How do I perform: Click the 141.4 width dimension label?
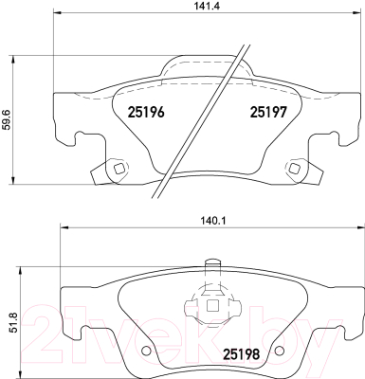pos(208,6)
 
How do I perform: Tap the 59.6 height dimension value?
pos(7,119)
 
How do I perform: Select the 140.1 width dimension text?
pos(213,222)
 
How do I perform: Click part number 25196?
pos(146,112)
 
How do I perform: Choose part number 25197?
pos(268,112)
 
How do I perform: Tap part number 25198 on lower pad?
pos(242,354)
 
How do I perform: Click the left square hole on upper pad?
pos(119,169)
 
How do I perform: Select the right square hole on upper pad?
pos(295,168)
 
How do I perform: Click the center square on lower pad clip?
pos(212,305)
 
